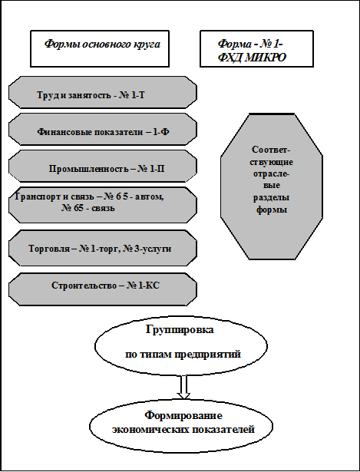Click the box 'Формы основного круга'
[x=100, y=48]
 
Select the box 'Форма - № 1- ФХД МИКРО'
[x=256, y=48]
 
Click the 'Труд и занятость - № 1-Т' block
[x=103, y=92]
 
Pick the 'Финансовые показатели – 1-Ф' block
[x=103, y=130]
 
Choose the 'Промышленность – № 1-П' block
[x=103, y=167]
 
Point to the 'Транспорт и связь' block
[x=103, y=205]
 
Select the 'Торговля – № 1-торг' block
[x=103, y=249]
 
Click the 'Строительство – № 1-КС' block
[x=103, y=289]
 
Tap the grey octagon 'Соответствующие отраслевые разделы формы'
[x=272, y=186]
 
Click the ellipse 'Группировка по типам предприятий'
[x=181, y=345]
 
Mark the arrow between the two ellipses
[x=183, y=387]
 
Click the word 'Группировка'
[x=180, y=329]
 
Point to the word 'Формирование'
[x=183, y=416]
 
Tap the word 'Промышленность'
[x=89, y=169]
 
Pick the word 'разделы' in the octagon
[x=272, y=198]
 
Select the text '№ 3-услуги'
[x=147, y=249]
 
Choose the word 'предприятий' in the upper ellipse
[x=208, y=355]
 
